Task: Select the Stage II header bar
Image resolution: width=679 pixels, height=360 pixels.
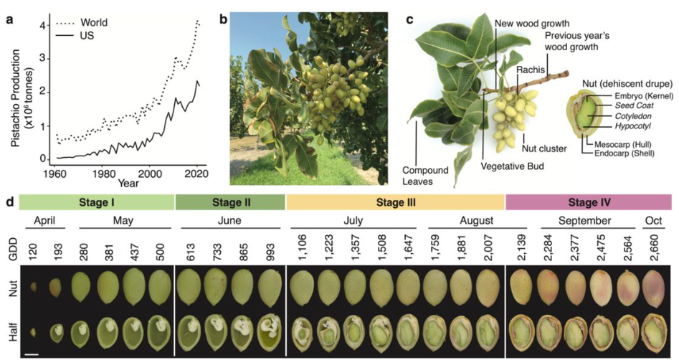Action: (230, 203)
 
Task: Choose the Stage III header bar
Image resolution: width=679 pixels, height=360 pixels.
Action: (395, 203)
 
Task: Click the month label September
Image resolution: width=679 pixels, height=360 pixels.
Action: (587, 222)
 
